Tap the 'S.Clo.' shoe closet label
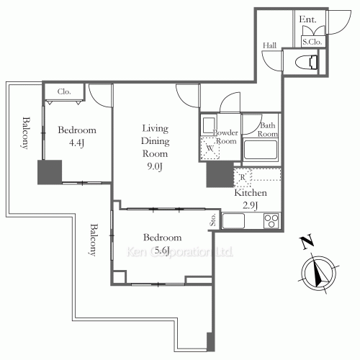point(312,42)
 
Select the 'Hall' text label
point(270,45)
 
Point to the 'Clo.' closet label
point(63,91)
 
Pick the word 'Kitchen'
point(251,194)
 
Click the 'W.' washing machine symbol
point(210,149)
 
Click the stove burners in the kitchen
point(272,220)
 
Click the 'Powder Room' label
point(226,137)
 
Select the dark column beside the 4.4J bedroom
point(50,173)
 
